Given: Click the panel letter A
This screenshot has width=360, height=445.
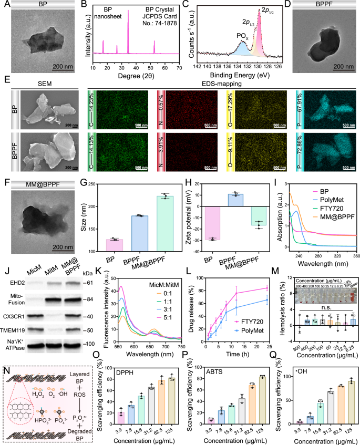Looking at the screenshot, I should click(5, 5).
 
